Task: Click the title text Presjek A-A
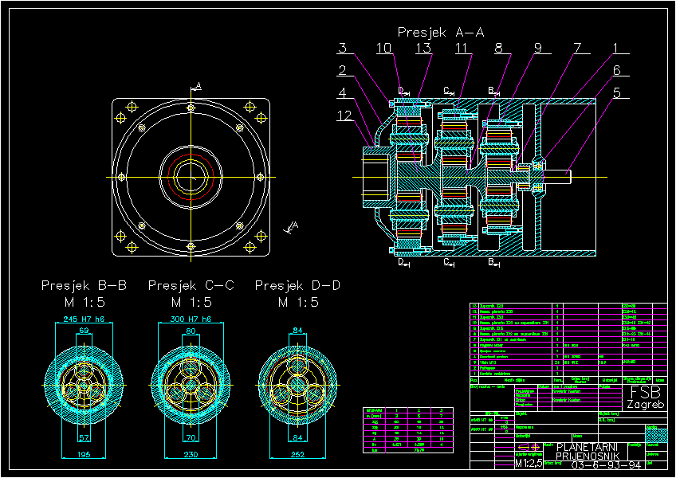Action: (x=441, y=33)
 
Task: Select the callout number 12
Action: (x=344, y=116)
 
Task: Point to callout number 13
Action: (x=423, y=49)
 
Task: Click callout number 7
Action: (x=576, y=49)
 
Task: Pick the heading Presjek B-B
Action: (x=84, y=285)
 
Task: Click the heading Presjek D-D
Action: (x=297, y=285)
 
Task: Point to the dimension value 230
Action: (x=191, y=454)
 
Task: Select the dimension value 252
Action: (x=297, y=454)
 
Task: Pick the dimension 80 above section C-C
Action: (x=191, y=329)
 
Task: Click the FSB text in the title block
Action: (x=646, y=392)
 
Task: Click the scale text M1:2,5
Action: (x=529, y=463)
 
